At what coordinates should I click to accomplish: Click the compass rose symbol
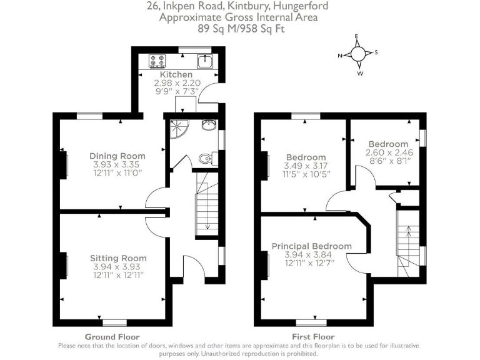click(x=358, y=54)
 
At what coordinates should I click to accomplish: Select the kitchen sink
click(x=204, y=61)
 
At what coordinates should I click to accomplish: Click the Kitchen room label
click(x=176, y=74)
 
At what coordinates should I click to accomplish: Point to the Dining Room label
click(x=117, y=156)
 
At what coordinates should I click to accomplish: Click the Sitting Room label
click(x=118, y=257)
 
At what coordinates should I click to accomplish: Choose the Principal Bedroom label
click(x=311, y=246)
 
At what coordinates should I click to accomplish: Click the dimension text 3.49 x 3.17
click(x=306, y=166)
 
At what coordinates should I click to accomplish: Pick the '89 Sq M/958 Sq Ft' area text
click(x=239, y=28)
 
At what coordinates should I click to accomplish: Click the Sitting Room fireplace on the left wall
click(x=64, y=265)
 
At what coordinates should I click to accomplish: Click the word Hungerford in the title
click(x=298, y=7)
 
